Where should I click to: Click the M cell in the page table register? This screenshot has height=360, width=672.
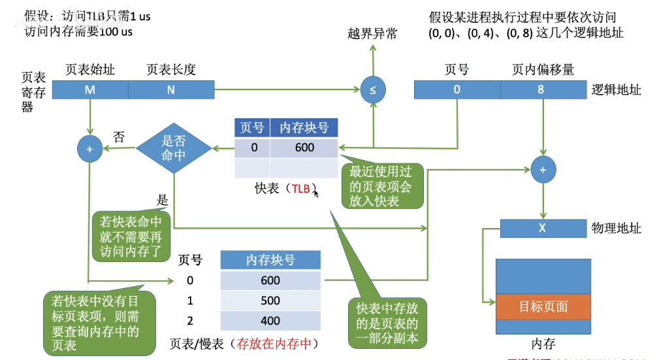pyautogui.click(x=89, y=90)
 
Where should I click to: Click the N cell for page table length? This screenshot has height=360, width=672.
pyautogui.click(x=171, y=90)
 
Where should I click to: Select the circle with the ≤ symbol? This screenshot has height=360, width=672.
pyautogui.click(x=373, y=90)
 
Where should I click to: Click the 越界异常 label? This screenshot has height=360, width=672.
pyautogui.click(x=372, y=33)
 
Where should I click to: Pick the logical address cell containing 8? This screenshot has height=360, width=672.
pyautogui.click(x=541, y=90)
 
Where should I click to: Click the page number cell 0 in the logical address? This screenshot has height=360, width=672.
pyautogui.click(x=457, y=90)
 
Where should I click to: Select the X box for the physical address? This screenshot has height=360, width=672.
pyautogui.click(x=543, y=228)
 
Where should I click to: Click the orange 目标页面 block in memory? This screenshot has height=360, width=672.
pyautogui.click(x=543, y=306)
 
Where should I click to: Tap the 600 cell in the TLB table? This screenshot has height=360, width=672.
pyautogui.click(x=304, y=148)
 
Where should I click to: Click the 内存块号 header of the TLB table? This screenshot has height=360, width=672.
pyautogui.click(x=304, y=128)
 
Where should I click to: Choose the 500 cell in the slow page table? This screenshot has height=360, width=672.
pyautogui.click(x=270, y=301)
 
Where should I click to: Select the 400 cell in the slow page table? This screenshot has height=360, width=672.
pyautogui.click(x=270, y=321)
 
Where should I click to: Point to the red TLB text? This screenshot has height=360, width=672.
pyautogui.click(x=301, y=189)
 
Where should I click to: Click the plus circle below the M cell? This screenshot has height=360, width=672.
pyautogui.click(x=89, y=148)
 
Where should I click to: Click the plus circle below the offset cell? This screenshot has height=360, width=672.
pyautogui.click(x=543, y=170)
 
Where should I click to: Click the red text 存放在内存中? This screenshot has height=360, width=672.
pyautogui.click(x=277, y=343)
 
